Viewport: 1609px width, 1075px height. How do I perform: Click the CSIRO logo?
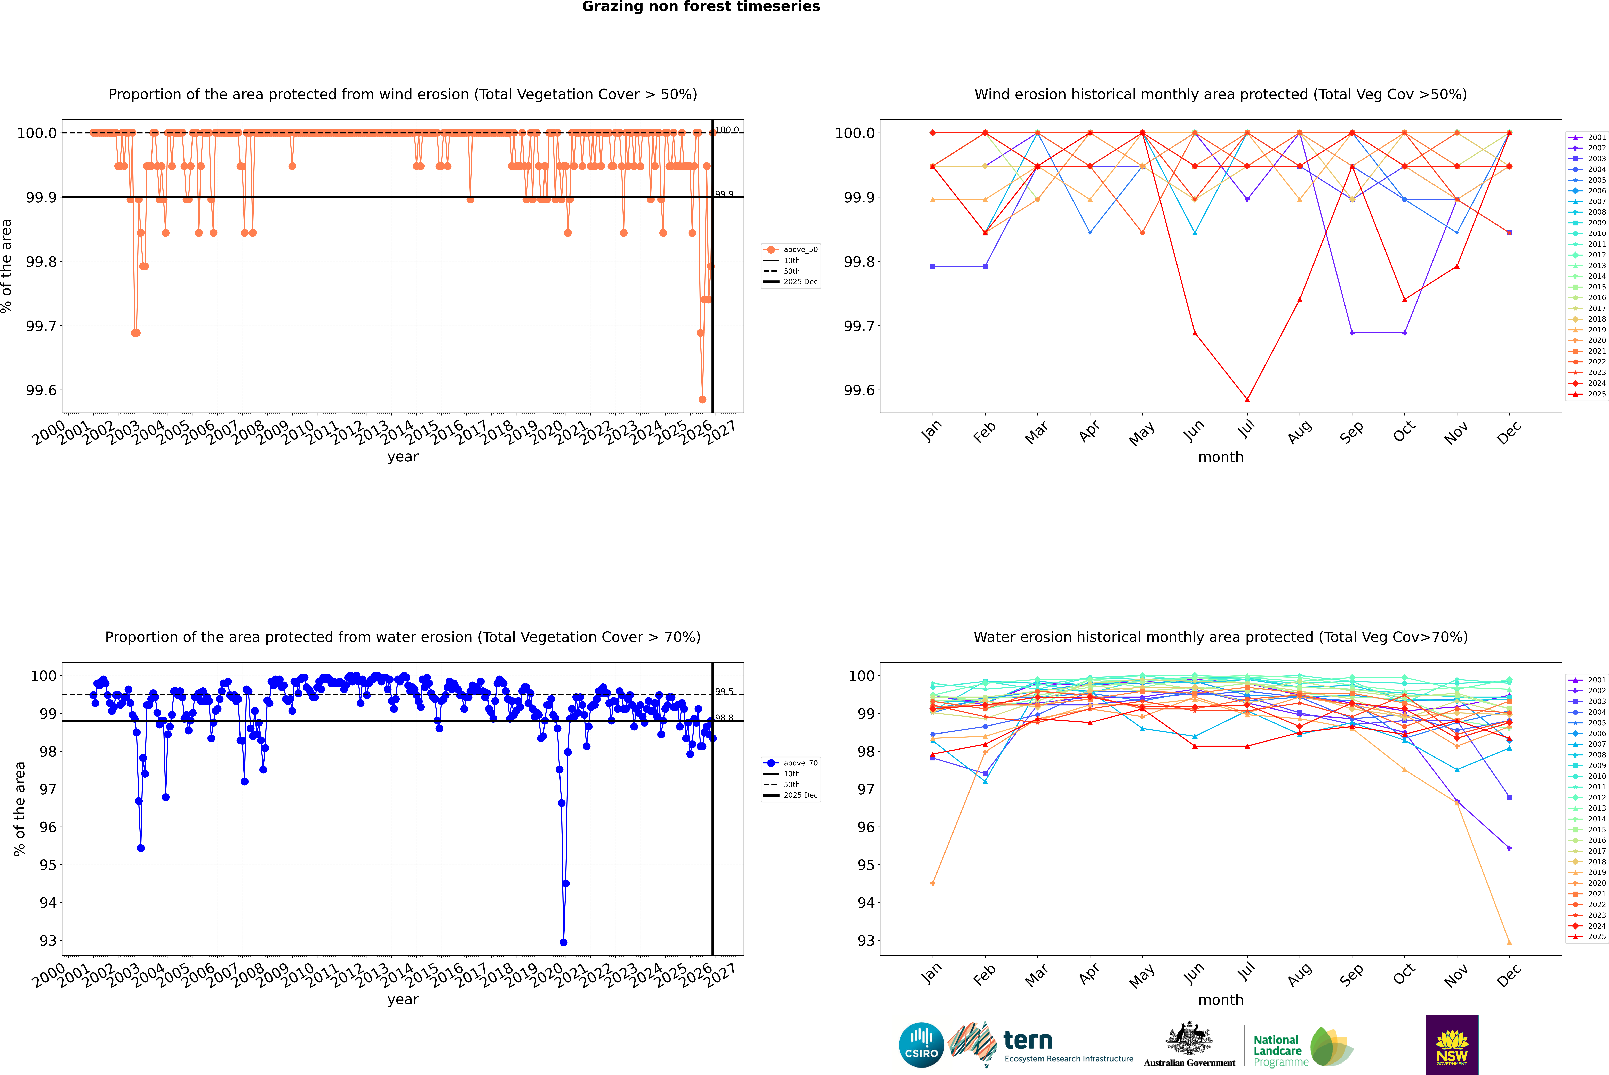point(921,1045)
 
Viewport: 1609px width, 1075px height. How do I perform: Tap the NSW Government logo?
point(1452,1045)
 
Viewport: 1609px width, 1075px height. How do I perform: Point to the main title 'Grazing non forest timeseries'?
point(701,7)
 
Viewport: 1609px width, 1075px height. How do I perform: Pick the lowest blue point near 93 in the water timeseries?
point(564,942)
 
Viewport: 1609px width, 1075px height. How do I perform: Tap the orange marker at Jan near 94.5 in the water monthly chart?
point(933,883)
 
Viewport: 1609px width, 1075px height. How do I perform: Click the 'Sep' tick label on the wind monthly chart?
point(1351,432)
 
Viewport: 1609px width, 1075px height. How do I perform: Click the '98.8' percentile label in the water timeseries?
point(724,718)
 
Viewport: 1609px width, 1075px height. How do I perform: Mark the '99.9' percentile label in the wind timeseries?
point(724,194)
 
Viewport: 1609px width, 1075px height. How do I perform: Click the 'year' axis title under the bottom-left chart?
point(403,1000)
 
